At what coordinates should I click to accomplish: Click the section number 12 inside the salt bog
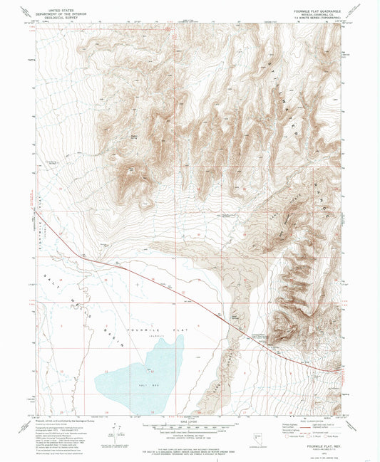click(151, 371)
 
